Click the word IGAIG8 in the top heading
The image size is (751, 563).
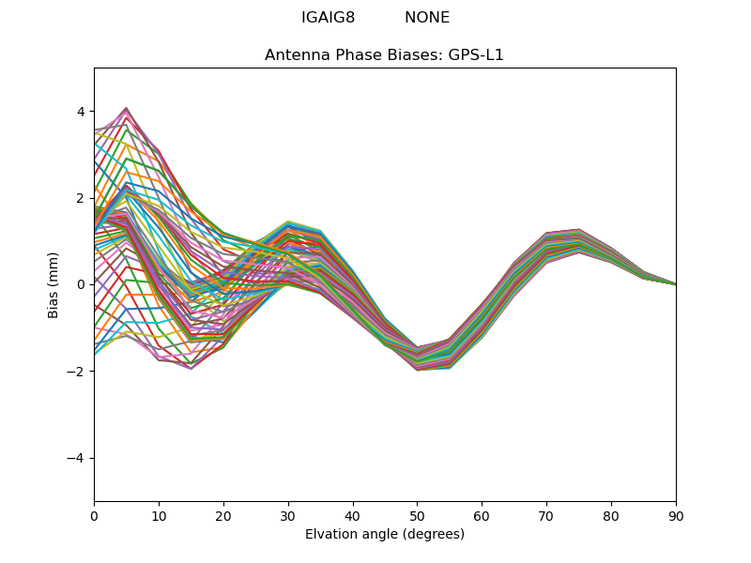click(x=328, y=18)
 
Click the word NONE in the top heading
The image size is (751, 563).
click(x=427, y=18)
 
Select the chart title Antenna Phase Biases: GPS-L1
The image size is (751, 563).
click(x=384, y=55)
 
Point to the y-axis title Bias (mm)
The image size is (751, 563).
click(x=54, y=284)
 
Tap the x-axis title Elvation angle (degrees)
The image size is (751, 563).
click(x=385, y=535)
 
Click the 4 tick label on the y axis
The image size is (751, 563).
click(x=82, y=112)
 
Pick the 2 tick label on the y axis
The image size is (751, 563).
click(x=82, y=198)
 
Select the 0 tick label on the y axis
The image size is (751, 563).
click(x=82, y=284)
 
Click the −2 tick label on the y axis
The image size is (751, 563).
click(x=78, y=372)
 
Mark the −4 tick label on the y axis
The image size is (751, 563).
click(x=78, y=458)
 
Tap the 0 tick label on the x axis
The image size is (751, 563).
click(x=94, y=515)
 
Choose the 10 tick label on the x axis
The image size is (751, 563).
click(x=159, y=515)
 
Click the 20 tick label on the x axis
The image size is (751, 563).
click(x=223, y=515)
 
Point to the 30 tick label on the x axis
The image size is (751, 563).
click(x=288, y=515)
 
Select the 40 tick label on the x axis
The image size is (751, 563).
click(x=353, y=515)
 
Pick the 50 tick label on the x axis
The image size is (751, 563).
click(x=417, y=515)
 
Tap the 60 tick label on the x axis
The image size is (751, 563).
click(x=482, y=515)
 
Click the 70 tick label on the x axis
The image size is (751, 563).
click(x=546, y=515)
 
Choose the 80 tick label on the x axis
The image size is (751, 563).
click(x=611, y=515)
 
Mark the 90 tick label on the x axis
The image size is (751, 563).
click(x=676, y=515)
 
